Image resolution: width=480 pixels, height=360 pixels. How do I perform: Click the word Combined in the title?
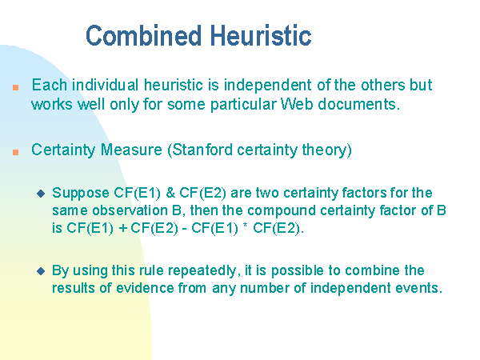[x=143, y=36]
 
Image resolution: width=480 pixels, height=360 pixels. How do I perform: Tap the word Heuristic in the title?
[x=261, y=36]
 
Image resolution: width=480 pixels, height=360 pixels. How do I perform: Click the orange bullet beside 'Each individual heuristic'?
[x=16, y=88]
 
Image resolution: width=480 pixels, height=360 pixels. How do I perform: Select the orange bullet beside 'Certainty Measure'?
[x=16, y=152]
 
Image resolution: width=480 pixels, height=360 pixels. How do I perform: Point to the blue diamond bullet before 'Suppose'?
[x=41, y=194]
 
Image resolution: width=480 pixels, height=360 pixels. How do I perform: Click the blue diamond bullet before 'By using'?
[x=41, y=271]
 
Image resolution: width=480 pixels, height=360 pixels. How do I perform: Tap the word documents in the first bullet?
[x=358, y=104]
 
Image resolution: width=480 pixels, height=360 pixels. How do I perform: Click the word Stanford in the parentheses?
[x=202, y=150]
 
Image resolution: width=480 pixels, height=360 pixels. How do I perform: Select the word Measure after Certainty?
[x=131, y=150]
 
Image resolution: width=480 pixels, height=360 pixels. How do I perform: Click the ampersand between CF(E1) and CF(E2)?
[x=170, y=193]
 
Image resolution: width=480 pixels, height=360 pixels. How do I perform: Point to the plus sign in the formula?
[x=123, y=228]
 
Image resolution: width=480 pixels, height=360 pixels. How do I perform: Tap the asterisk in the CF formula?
[x=246, y=226]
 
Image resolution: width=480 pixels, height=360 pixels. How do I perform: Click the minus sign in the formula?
[x=185, y=230]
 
